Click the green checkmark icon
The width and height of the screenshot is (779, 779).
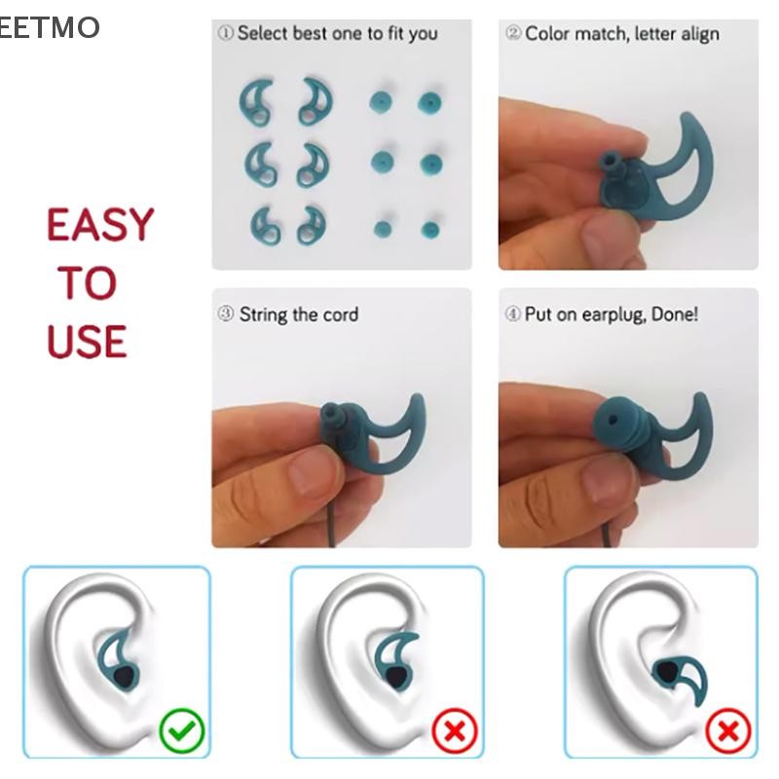(182, 731)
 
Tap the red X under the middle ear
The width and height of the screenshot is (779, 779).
(455, 731)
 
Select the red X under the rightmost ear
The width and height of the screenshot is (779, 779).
(727, 731)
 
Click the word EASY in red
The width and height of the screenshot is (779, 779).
(100, 225)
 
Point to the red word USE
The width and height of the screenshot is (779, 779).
(87, 342)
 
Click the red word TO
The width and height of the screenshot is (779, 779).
(88, 282)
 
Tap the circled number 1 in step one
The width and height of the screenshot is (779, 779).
(225, 33)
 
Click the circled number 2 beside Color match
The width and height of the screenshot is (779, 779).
(513, 33)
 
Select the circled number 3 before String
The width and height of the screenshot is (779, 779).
(226, 314)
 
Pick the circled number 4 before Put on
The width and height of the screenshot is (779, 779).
(513, 314)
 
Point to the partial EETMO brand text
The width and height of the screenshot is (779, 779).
(50, 27)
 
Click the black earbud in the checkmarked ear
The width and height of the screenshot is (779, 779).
(124, 676)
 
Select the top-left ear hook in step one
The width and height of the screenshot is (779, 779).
(256, 102)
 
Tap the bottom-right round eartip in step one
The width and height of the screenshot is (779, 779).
(430, 230)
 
